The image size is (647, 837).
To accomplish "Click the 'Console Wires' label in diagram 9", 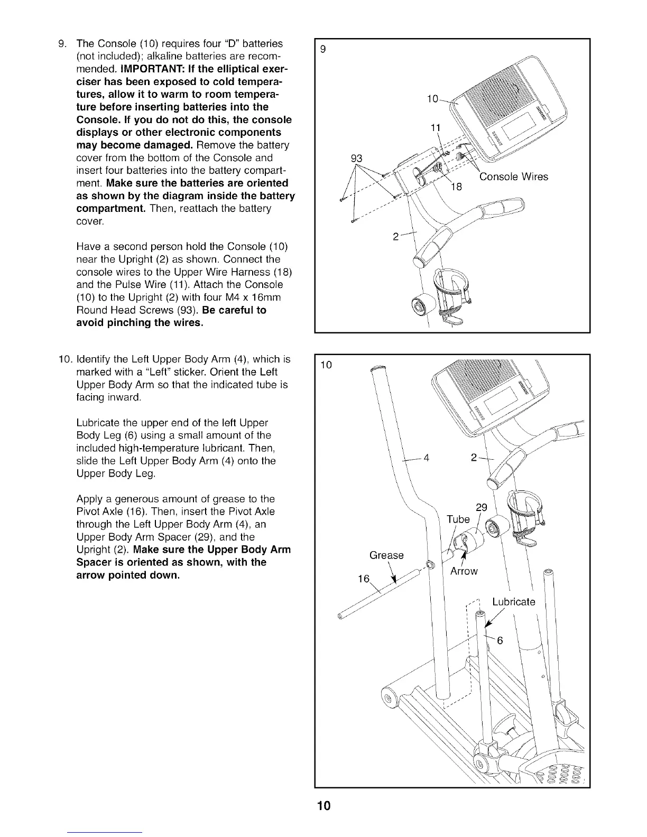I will [x=513, y=177].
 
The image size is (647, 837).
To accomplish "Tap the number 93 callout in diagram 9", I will [x=357, y=158].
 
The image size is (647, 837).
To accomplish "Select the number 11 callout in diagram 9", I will [x=436, y=127].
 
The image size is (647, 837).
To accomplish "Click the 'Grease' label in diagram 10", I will [x=386, y=555].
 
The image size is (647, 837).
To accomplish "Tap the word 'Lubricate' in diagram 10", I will [x=513, y=602].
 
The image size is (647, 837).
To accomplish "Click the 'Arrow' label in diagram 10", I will [x=464, y=571].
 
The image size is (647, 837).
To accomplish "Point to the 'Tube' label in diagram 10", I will [x=458, y=519].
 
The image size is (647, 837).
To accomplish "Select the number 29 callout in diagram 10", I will [x=481, y=508].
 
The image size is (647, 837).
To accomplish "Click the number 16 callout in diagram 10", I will [x=364, y=579].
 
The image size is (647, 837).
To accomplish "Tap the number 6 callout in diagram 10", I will [x=500, y=641].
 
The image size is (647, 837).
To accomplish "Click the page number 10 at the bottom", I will [x=323, y=806].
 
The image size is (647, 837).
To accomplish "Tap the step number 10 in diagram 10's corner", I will [x=326, y=365].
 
